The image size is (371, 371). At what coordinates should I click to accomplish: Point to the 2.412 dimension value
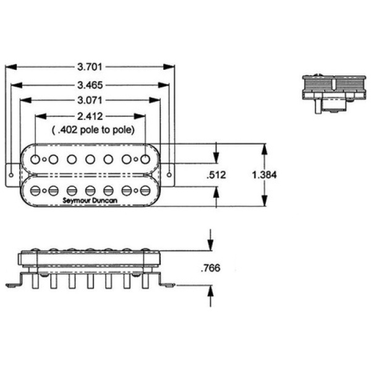click(91, 116)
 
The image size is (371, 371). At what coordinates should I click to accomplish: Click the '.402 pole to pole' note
click(91, 129)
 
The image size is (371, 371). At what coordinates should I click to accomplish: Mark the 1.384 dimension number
click(264, 175)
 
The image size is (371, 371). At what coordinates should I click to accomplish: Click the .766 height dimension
click(211, 268)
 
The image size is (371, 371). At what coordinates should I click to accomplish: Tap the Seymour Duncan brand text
click(90, 200)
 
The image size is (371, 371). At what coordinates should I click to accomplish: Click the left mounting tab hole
click(11, 173)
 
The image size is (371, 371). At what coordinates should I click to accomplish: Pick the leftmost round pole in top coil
click(36, 160)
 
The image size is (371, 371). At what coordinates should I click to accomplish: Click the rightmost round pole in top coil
click(145, 160)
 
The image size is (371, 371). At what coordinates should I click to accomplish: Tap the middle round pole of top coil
click(90, 160)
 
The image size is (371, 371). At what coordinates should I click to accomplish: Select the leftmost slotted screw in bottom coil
click(36, 190)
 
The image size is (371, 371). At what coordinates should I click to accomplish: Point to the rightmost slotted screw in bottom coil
click(145, 190)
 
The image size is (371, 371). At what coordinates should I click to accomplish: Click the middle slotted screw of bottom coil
click(90, 190)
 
